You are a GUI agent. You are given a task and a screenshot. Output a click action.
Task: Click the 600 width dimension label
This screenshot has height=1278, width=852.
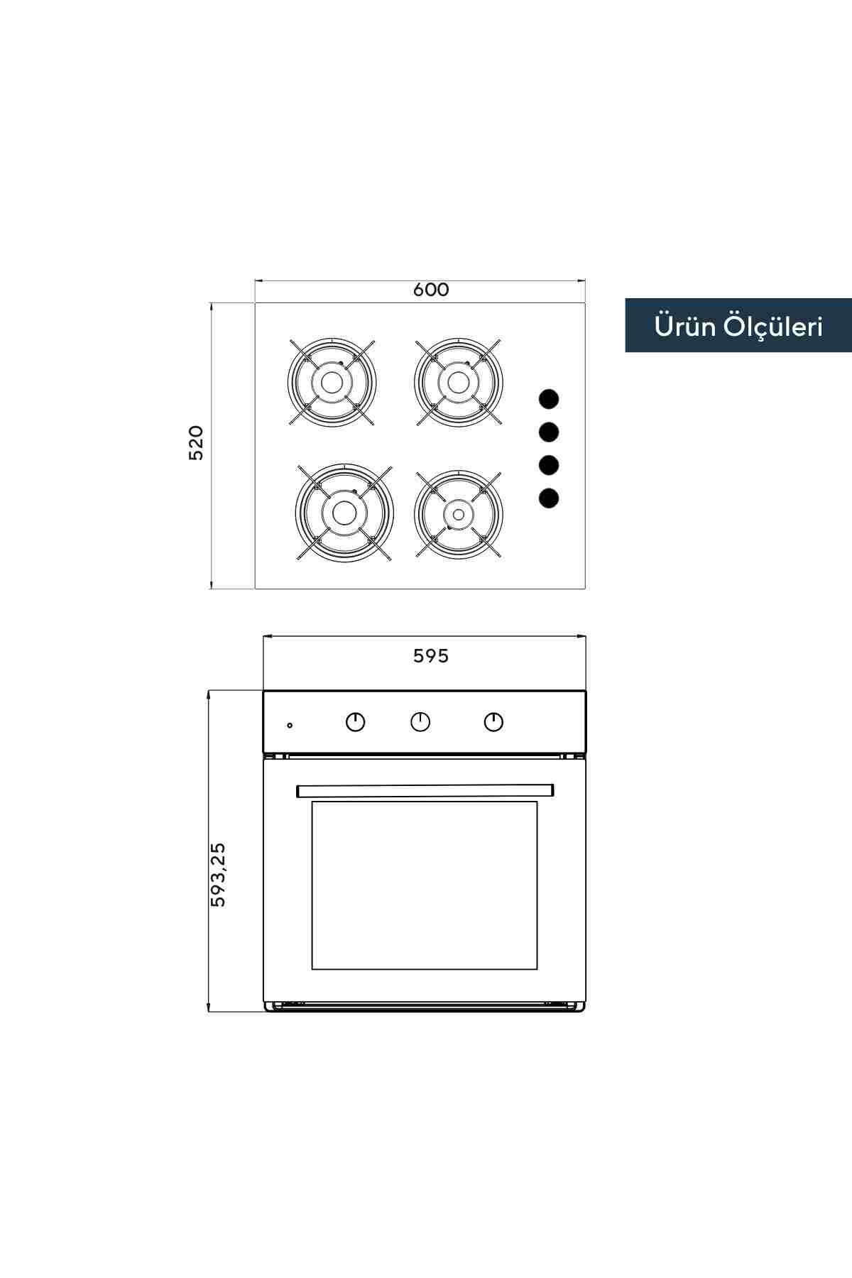(x=431, y=290)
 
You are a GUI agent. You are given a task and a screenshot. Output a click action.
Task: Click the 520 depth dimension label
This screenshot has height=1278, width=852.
(x=196, y=443)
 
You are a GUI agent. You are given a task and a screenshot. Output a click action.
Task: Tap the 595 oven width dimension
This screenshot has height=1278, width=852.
(x=431, y=656)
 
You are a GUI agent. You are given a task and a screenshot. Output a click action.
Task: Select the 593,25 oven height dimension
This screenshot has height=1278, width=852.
(x=218, y=874)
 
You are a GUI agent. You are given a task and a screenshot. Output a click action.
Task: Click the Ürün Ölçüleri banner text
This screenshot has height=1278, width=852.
(x=738, y=326)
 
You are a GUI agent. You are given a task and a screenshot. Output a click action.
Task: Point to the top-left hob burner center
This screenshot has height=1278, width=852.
(x=331, y=382)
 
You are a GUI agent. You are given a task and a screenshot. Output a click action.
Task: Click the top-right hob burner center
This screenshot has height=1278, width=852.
(x=459, y=382)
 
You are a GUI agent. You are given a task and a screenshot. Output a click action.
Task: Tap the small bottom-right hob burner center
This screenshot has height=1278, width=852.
(x=459, y=513)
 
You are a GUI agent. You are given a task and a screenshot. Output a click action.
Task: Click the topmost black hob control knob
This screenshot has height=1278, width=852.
(x=549, y=399)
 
